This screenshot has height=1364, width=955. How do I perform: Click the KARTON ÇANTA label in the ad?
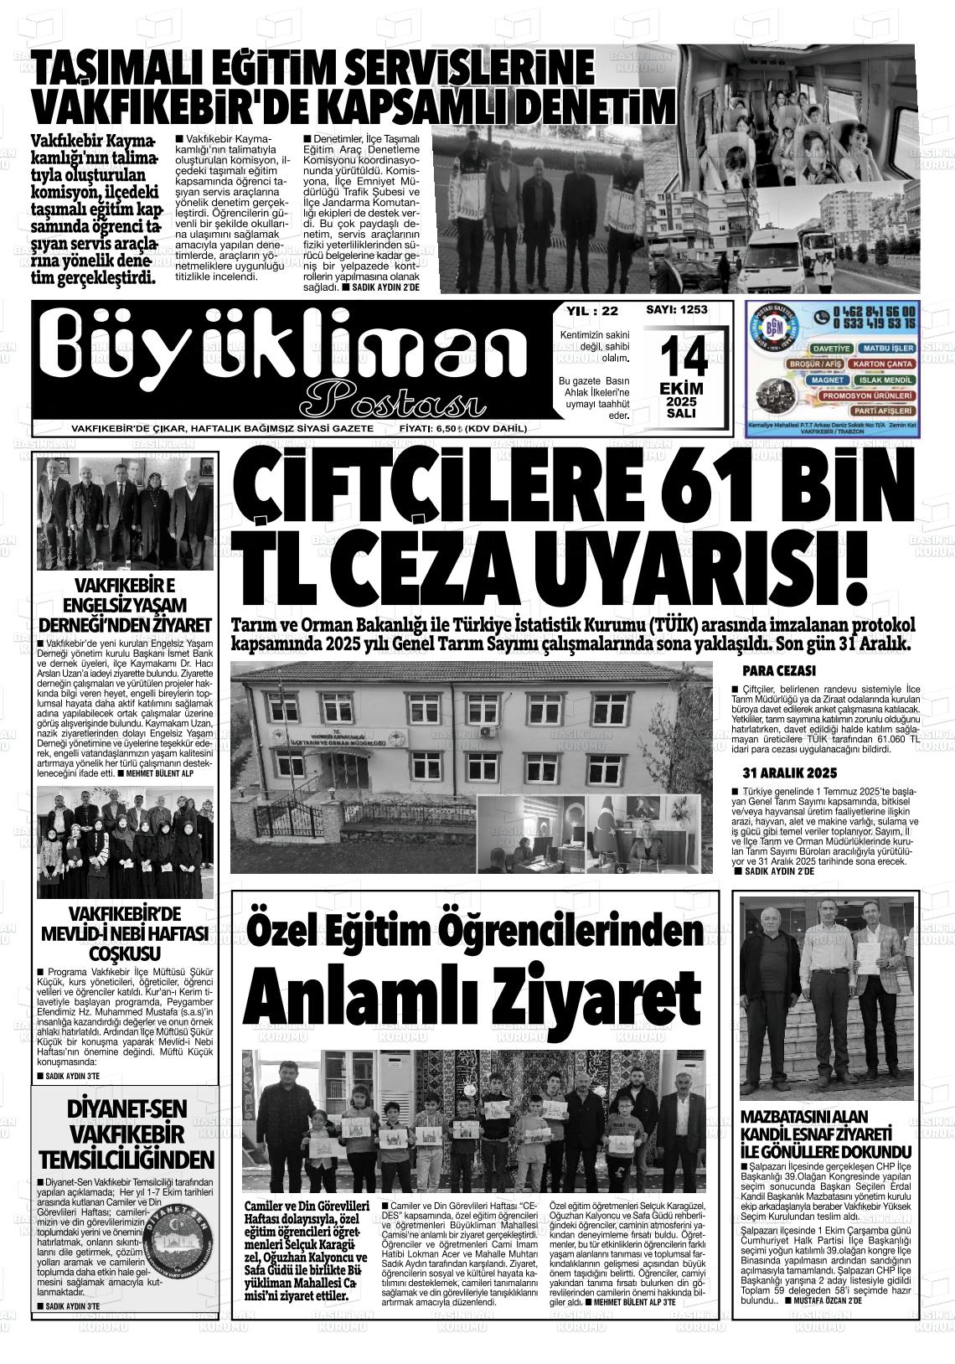coord(882,364)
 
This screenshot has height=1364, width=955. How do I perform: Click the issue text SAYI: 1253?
coord(677,309)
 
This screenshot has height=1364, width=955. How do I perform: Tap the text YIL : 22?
coord(592,311)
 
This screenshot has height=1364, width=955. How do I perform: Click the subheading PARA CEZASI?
coord(779,671)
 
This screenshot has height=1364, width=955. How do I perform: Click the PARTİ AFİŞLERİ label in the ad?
coord(883,411)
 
